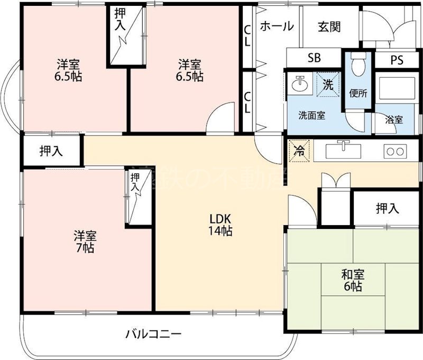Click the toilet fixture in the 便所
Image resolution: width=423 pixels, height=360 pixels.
(358, 65)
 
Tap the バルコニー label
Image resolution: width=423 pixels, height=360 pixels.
(153, 334)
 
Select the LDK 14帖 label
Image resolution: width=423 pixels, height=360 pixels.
(222, 225)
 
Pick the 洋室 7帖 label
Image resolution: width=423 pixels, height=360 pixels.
(84, 241)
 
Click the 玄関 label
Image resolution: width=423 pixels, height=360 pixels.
(329, 27)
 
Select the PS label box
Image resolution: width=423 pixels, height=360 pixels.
(397, 60)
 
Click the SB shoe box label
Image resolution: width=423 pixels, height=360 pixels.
(314, 59)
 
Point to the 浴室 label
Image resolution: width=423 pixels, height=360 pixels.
(394, 120)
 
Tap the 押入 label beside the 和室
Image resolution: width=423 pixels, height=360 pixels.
(387, 209)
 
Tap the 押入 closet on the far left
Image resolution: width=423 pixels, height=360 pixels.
(51, 151)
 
